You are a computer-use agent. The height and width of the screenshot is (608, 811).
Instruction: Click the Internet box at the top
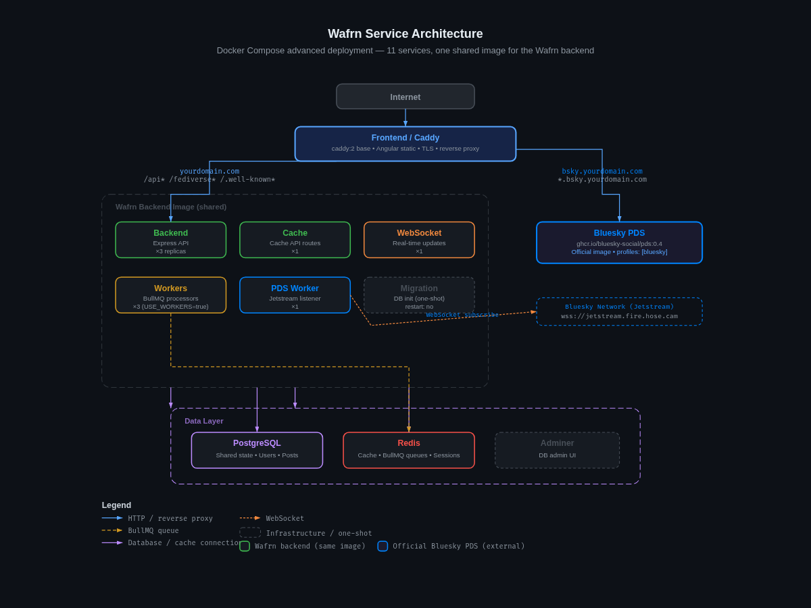405,97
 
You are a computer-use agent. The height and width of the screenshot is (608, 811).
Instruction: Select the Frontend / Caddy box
405,144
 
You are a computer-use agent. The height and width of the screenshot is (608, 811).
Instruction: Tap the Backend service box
171,240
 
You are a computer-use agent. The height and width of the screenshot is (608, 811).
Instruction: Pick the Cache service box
295,240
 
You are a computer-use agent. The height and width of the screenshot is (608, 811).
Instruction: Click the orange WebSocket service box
419,240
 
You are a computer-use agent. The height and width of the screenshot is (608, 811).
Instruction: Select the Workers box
171,295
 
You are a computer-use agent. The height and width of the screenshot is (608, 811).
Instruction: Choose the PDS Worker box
295,295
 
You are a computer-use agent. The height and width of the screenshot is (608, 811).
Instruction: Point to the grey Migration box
419,295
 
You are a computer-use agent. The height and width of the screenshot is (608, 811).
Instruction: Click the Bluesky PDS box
619,243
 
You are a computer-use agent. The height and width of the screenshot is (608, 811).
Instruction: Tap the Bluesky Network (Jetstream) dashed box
619,311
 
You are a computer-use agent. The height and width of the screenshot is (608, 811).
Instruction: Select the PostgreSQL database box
257,450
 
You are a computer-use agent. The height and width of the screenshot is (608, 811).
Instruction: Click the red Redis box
409,450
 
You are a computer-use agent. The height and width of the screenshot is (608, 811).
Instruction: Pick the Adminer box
557,450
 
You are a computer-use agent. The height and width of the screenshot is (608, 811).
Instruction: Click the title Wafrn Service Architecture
405,34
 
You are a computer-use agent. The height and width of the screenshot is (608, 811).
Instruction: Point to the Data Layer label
204,421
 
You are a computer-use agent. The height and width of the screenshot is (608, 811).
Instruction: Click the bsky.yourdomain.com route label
602,172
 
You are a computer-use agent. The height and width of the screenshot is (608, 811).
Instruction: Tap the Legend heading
116,505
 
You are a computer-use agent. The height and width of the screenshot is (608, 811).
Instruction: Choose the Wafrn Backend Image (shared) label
171,207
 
